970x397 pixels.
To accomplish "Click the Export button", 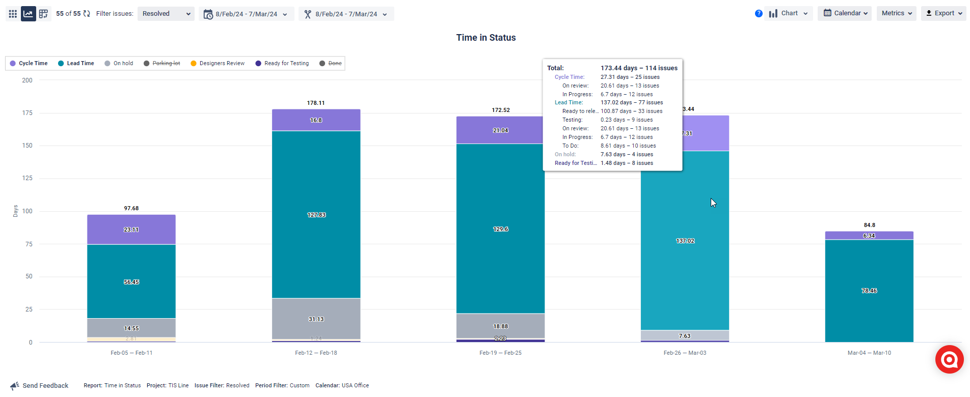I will point(944,13).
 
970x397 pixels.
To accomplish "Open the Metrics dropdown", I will point(896,13).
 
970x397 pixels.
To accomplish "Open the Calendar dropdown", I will point(845,13).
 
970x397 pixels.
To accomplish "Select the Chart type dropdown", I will point(788,13).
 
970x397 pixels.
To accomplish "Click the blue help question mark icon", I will point(759,14).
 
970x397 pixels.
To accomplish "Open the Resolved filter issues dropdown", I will point(166,14).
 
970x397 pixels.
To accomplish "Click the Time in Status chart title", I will point(486,38).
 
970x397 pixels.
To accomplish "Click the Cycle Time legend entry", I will point(29,63).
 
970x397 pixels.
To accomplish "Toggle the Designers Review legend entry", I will point(218,63).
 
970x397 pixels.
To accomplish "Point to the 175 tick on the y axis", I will point(27,113).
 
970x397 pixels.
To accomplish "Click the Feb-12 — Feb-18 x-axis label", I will point(316,353).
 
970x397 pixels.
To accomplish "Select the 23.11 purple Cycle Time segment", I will point(131,230).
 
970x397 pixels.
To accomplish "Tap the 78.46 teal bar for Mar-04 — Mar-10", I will point(869,291).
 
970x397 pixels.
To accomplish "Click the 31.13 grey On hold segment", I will point(316,319).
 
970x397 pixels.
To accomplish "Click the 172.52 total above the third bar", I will point(500,110).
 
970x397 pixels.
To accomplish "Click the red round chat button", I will point(949,359).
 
